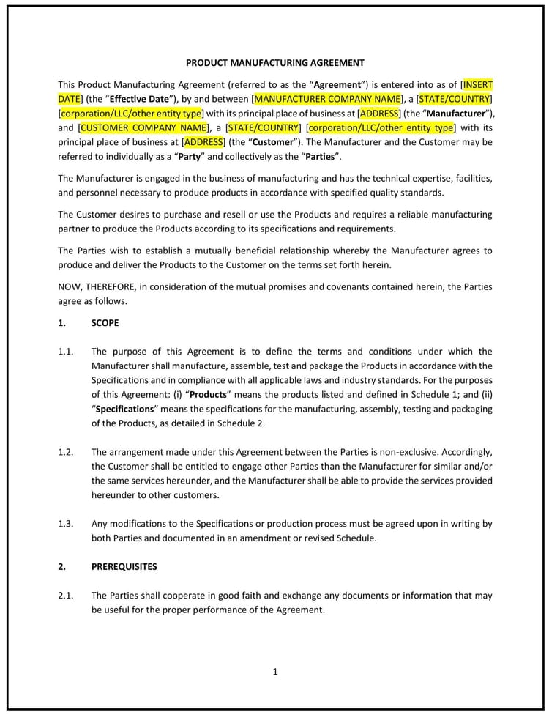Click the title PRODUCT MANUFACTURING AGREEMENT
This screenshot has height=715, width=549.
click(x=274, y=63)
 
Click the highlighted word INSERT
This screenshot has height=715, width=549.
click(x=478, y=84)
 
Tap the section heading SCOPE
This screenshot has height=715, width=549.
click(x=105, y=322)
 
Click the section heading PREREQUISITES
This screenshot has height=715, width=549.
click(x=124, y=566)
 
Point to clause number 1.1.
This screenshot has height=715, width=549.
click(x=65, y=352)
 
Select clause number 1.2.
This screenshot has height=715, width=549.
click(x=65, y=452)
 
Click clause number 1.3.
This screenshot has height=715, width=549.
click(x=65, y=523)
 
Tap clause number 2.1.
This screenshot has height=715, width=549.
click(x=65, y=596)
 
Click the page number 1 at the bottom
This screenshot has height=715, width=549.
click(x=275, y=672)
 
